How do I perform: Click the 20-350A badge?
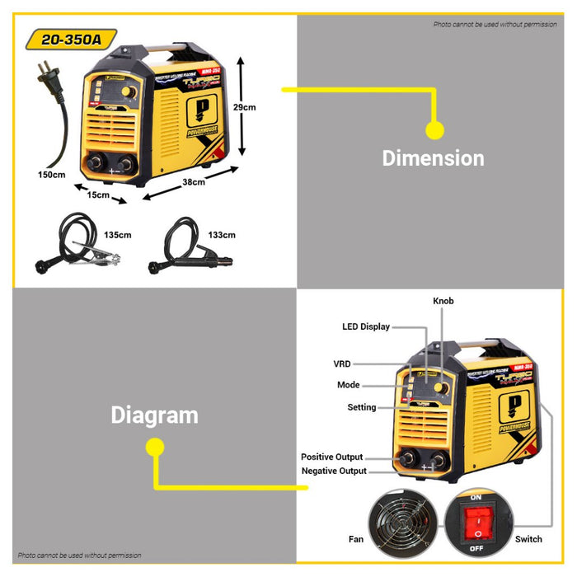point(71,39)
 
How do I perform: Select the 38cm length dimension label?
point(194,182)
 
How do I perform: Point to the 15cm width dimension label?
point(98,195)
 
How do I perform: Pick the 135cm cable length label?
point(118,235)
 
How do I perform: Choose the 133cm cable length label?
point(222,235)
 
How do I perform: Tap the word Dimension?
point(433,158)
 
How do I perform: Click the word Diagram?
point(154,415)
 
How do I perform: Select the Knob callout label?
point(443,302)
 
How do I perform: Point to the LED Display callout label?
point(366,326)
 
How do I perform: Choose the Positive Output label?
point(331,457)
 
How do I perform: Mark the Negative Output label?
point(334,471)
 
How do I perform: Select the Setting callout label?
point(361,407)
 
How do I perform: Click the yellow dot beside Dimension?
point(434,129)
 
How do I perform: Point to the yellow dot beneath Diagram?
point(154,447)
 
